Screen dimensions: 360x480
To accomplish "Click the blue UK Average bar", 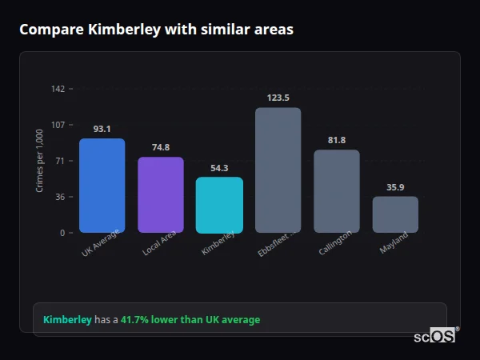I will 102,186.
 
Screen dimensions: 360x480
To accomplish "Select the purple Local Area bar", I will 160,194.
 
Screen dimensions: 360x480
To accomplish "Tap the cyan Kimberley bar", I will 219,205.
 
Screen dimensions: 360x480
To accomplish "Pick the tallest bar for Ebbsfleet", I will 278,170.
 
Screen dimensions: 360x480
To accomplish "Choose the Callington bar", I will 336,191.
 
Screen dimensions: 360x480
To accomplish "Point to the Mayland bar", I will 395,214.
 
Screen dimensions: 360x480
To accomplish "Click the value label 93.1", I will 102,129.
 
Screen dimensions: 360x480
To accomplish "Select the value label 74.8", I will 160,147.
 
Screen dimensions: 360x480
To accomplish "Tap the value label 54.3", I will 219,168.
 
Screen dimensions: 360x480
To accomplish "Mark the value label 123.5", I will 278,98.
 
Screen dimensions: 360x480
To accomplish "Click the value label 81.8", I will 336,140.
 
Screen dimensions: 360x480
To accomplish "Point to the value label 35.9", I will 395,187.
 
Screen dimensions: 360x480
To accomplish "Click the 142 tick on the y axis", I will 58,89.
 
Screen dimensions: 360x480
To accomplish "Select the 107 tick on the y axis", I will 58,125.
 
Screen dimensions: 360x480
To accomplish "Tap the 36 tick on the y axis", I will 59,197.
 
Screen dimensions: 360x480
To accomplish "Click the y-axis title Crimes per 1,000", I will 40,161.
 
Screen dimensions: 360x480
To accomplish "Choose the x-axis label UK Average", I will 100,243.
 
